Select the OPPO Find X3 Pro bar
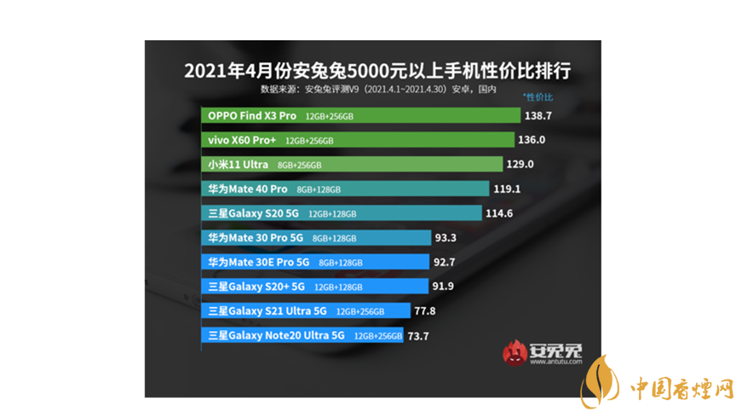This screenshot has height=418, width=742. [x=363, y=115]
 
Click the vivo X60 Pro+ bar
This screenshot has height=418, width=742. [x=359, y=140]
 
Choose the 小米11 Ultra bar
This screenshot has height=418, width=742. [x=353, y=165]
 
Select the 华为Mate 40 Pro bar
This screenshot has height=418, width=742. [x=346, y=189]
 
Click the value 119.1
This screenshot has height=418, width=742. [x=508, y=189]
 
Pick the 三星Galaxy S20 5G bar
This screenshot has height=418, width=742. [x=342, y=213]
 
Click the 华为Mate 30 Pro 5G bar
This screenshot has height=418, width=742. [x=317, y=238]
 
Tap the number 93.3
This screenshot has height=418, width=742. [x=446, y=238]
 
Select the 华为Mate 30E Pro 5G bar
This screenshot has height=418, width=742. [x=316, y=262]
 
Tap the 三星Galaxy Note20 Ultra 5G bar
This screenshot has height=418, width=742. [x=303, y=335]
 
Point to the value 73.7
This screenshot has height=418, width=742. [x=417, y=336]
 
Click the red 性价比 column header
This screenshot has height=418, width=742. [x=538, y=98]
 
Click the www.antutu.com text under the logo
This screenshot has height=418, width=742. [x=555, y=362]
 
